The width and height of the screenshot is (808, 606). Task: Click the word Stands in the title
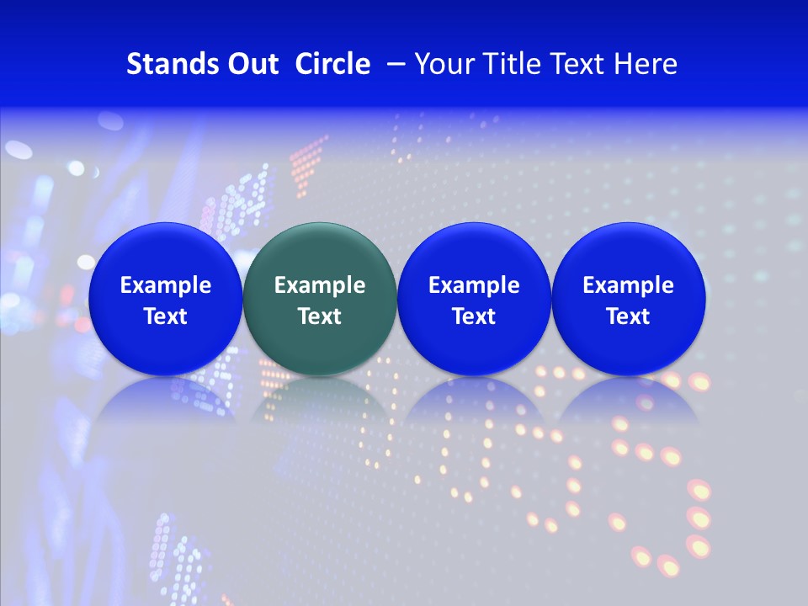[x=168, y=64]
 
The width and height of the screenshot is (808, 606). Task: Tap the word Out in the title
[x=250, y=64]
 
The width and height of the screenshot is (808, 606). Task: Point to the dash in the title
[x=393, y=64]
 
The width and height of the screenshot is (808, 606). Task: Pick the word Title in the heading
[x=511, y=64]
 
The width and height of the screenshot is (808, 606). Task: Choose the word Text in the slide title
[x=575, y=64]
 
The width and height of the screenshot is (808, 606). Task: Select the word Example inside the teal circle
[x=320, y=285]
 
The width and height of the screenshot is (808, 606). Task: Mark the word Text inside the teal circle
[x=320, y=316]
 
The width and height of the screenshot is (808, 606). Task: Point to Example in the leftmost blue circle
[x=165, y=285]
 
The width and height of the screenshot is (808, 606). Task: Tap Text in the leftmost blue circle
[x=165, y=316]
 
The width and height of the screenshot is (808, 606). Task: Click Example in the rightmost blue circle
[x=628, y=285]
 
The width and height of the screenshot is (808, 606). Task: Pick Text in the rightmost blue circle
[x=628, y=316]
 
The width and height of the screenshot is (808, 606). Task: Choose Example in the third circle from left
[x=474, y=285]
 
